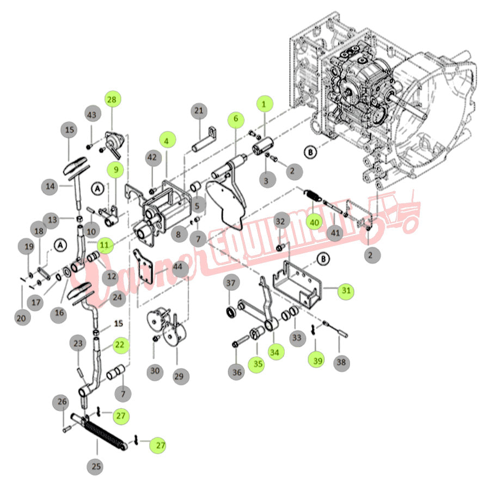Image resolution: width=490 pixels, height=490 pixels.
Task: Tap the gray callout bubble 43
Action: [x=92, y=115]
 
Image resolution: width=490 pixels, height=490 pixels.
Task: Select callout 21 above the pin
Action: [x=199, y=111]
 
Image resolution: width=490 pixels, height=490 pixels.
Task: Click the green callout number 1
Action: [x=265, y=103]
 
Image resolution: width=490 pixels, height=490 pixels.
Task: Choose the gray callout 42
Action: [x=151, y=158]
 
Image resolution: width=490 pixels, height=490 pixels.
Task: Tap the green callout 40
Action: [x=314, y=222]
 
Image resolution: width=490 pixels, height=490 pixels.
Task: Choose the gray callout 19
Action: [x=29, y=248]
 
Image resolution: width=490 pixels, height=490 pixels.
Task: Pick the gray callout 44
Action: [x=178, y=268]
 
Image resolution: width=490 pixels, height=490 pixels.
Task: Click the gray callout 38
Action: [x=341, y=362]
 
